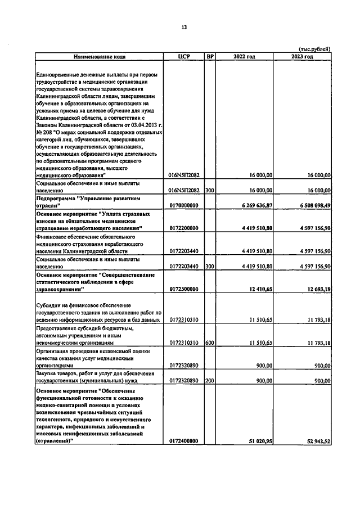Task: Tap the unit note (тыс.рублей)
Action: pyautogui.click(x=313, y=49)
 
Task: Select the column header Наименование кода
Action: pyautogui.click(x=98, y=57)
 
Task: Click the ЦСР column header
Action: pyautogui.click(x=185, y=57)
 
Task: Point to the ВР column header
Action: pyautogui.click(x=210, y=57)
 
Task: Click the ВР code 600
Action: pyautogui.click(x=210, y=342)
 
